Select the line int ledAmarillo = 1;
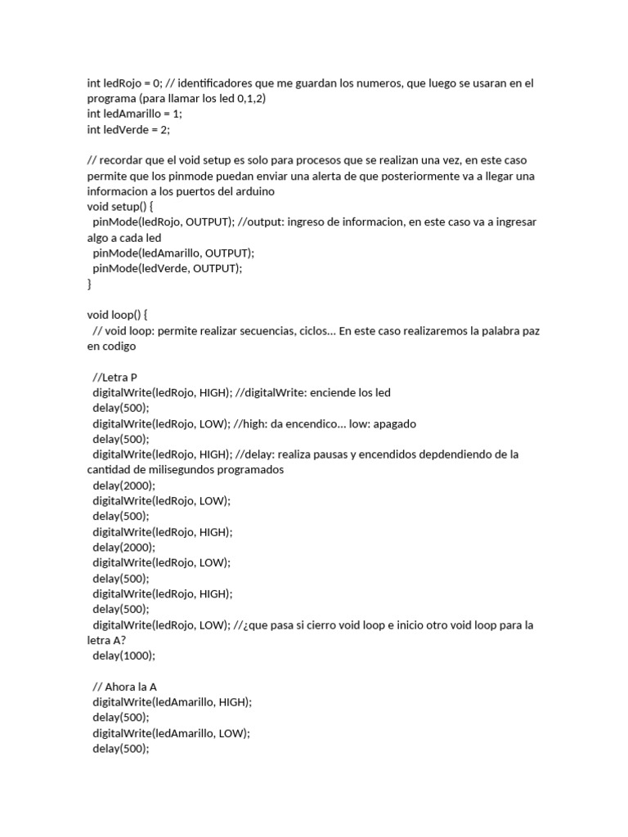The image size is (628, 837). click(135, 114)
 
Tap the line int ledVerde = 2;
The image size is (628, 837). click(128, 129)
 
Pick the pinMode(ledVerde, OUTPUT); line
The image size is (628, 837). click(168, 268)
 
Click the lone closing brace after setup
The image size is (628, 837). click(90, 284)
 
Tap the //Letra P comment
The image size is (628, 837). click(115, 377)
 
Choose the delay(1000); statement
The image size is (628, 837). click(123, 656)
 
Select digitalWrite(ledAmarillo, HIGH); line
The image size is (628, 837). click(173, 702)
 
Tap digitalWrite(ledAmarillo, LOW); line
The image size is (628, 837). click(171, 733)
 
